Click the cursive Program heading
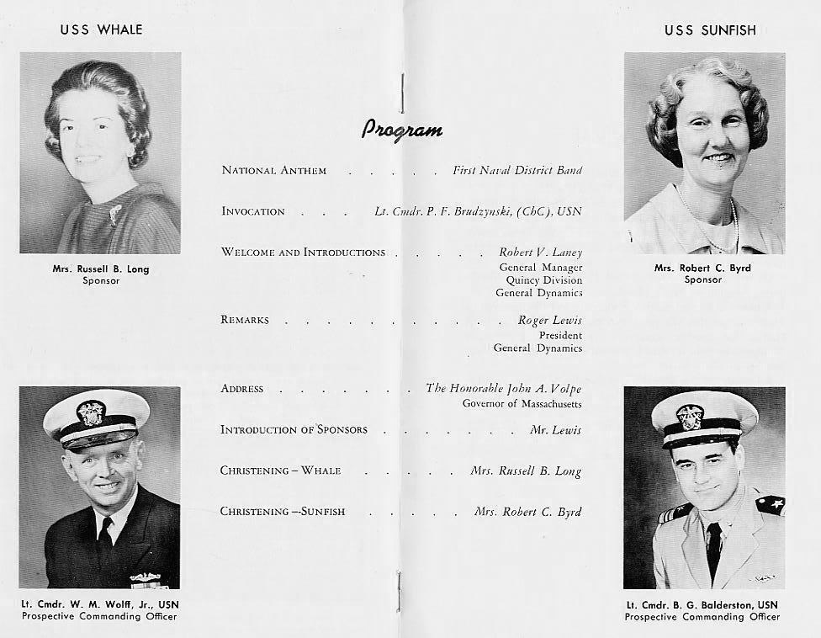(402, 129)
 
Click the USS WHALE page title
(101, 29)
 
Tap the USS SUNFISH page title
(710, 30)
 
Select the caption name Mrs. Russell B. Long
(101, 269)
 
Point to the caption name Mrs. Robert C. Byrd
(702, 268)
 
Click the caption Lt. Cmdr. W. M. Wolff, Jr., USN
(100, 603)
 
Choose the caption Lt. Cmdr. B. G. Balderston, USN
(702, 604)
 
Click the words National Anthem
(273, 171)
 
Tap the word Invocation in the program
(253, 211)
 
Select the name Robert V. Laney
(540, 253)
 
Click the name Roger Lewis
(550, 321)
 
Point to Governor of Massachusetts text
(522, 403)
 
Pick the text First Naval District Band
(516, 171)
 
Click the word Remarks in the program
(245, 321)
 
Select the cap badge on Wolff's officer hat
(91, 412)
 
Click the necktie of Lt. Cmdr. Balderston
(713, 547)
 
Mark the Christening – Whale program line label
(280, 471)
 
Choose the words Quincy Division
(543, 279)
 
